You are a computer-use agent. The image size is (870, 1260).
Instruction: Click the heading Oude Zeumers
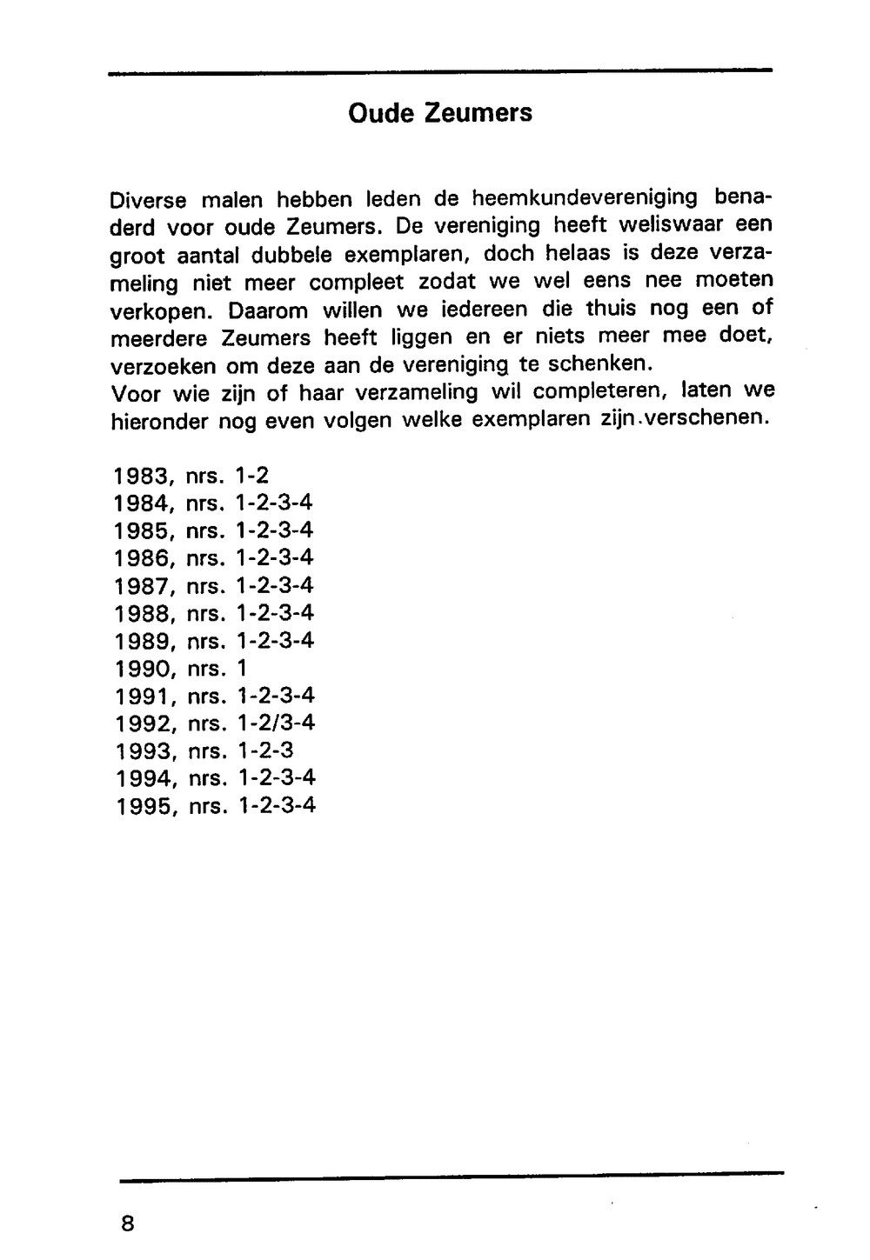click(x=439, y=113)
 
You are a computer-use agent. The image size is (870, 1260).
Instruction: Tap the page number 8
click(x=128, y=1223)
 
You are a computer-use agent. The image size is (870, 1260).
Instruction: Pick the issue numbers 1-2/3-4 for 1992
click(x=276, y=723)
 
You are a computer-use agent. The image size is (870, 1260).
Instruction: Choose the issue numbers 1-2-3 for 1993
click(x=265, y=750)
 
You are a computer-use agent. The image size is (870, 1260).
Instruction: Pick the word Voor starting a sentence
click(x=136, y=394)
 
